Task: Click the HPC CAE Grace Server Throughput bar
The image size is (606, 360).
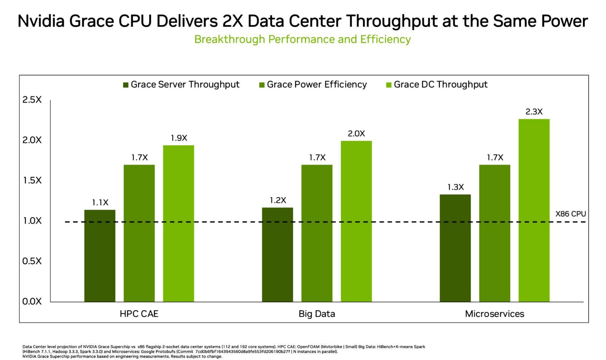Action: tap(100, 256)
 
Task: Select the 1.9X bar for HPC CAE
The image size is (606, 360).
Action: tap(178, 223)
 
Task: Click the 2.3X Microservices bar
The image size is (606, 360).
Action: tap(534, 210)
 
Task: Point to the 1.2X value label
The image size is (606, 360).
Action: tap(278, 200)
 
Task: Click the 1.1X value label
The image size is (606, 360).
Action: tap(100, 203)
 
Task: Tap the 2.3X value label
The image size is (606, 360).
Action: tap(534, 112)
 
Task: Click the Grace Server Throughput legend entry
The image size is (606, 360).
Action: tap(181, 85)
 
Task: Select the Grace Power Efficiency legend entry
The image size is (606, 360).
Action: tap(313, 85)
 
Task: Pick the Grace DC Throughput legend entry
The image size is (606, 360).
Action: tap(437, 85)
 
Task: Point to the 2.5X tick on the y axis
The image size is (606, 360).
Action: tap(32, 100)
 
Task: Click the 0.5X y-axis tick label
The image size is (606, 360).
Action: tap(32, 261)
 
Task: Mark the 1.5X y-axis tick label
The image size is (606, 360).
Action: tap(32, 180)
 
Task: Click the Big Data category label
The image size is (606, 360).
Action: tap(317, 314)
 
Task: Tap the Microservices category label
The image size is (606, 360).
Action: tap(494, 314)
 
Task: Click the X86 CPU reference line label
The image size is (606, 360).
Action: tap(570, 214)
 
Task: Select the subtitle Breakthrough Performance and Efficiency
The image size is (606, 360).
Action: tap(302, 39)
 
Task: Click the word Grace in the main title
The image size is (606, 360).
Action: tap(91, 21)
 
